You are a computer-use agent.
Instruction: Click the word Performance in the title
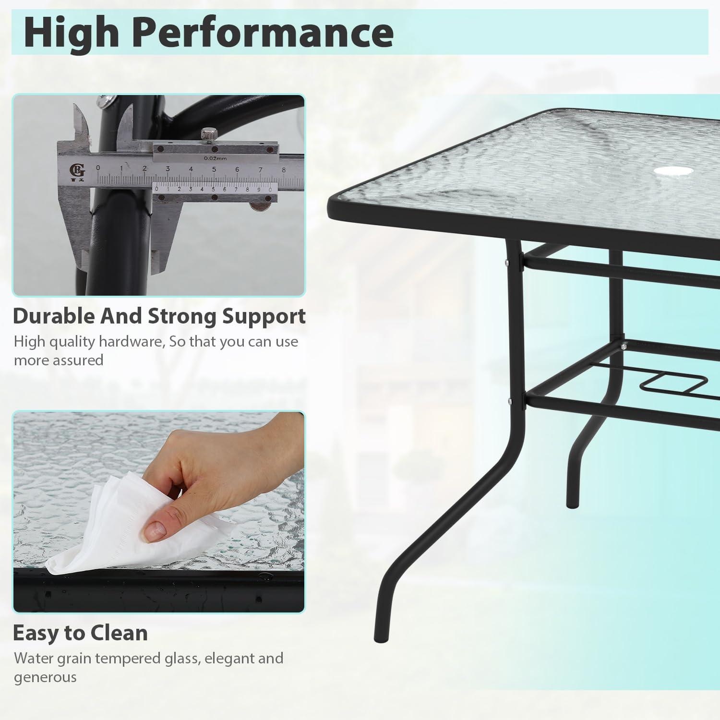263,33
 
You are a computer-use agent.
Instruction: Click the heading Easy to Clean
80,633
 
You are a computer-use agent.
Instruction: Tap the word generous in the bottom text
45,677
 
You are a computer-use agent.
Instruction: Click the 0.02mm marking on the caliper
215,158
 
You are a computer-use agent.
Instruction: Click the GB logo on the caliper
78,170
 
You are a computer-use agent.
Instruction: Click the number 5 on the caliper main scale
214,169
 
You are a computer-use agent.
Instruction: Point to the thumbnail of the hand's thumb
156,530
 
